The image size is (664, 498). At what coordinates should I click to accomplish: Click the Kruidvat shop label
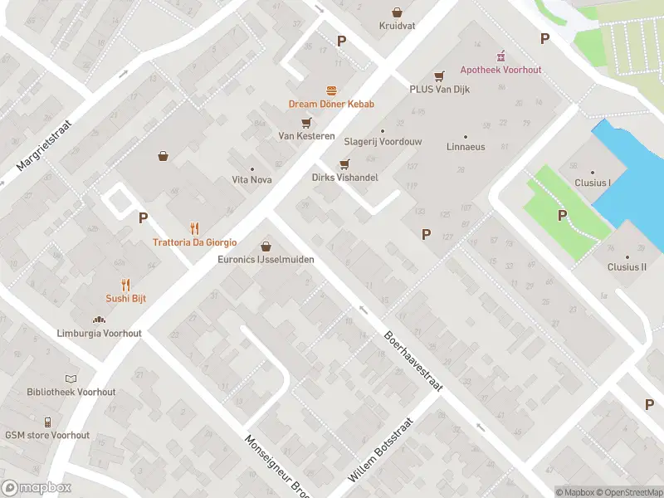tap(397, 26)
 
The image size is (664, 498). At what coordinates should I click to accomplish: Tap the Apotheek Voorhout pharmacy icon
tap(500, 56)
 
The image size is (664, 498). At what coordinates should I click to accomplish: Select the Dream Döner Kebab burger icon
tap(331, 90)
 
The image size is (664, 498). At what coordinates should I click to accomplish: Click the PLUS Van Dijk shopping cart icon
tap(438, 76)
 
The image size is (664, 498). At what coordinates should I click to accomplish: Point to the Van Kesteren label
tap(306, 135)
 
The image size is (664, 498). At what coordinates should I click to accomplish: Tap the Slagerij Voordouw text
tap(383, 142)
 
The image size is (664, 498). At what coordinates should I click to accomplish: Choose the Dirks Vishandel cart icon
tap(344, 164)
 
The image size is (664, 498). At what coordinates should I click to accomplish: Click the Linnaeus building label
tap(465, 147)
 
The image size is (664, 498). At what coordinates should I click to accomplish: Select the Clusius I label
tap(593, 183)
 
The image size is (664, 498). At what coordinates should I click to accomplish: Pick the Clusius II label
tap(626, 266)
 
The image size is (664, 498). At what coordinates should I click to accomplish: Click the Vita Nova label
tap(251, 179)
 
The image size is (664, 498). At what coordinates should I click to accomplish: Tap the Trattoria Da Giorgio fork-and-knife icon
tap(194, 228)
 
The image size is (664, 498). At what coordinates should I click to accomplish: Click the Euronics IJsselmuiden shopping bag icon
tap(266, 246)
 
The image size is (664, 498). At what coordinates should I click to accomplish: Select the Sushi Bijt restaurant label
tap(125, 298)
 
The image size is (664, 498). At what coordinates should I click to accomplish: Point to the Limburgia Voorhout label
tap(100, 333)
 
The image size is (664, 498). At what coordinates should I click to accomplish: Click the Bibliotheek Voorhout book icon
tap(71, 378)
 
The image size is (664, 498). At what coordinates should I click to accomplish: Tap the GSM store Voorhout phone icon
tap(47, 422)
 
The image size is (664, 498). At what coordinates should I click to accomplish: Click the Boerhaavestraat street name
tap(413, 362)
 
